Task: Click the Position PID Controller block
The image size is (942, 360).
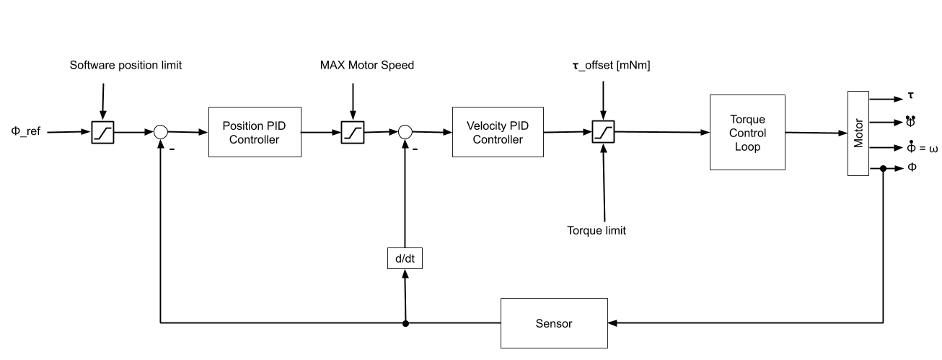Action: pos(254,132)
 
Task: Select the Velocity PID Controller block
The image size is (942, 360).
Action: pos(497,132)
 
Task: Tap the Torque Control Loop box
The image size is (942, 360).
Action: pos(747,133)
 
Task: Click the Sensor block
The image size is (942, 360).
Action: pos(554,323)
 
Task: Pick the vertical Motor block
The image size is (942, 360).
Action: pos(858,133)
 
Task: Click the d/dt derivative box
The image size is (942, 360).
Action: pos(405,258)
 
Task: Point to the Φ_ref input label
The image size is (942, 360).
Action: pos(26,133)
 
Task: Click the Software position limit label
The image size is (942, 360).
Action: pos(126,65)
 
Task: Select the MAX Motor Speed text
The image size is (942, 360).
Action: pos(367,65)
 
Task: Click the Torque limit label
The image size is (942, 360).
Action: pos(597,231)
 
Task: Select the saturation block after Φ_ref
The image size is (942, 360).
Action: pos(102,132)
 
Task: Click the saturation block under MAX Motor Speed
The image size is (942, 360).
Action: pos(353,132)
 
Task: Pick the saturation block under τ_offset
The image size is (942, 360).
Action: pos(603,132)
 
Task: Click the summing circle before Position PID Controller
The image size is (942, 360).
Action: pos(160,132)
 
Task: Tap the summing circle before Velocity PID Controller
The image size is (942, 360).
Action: pos(405,132)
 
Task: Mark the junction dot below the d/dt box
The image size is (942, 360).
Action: pos(405,323)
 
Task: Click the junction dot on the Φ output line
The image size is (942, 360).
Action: pos(882,169)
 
